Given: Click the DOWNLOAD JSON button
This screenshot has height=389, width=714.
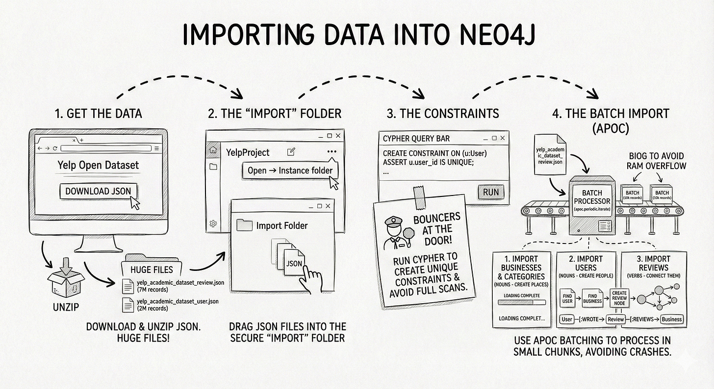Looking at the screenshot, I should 98,191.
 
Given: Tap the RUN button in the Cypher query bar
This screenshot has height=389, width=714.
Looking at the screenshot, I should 490,192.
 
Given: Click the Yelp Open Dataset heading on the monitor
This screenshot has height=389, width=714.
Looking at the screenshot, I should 98,165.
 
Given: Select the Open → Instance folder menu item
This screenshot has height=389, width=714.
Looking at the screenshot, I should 290,170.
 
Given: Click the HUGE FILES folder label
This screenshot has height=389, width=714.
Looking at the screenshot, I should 152,269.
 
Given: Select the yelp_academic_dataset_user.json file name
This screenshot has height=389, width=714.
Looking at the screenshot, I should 178,301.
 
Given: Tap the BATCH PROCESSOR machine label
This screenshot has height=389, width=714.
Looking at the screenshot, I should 592,197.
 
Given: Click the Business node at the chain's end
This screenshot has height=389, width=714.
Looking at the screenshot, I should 671,319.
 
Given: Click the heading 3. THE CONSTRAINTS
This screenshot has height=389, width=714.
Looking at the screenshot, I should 443,114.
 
